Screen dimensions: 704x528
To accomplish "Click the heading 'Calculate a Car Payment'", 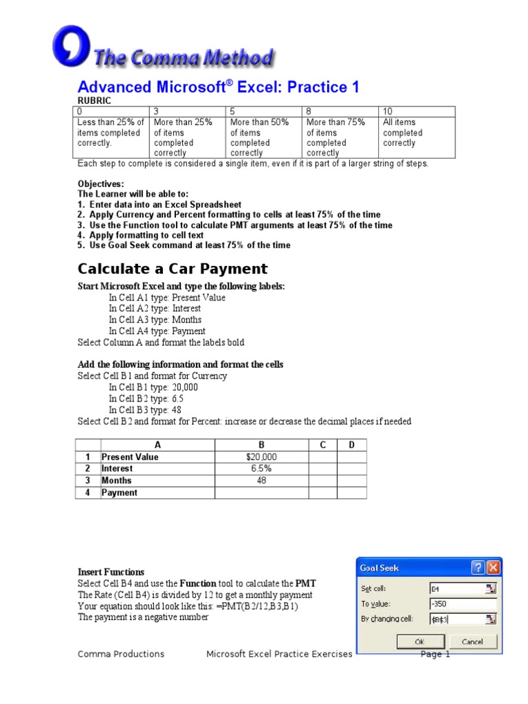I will [x=173, y=269].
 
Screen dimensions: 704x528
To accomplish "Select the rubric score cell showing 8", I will [x=340, y=111].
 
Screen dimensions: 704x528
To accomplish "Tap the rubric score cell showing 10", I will [x=416, y=111].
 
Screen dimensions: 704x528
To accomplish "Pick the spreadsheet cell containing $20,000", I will [x=261, y=457].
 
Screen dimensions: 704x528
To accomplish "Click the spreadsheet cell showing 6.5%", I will [x=261, y=469].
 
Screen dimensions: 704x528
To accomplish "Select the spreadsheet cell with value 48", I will [x=261, y=481].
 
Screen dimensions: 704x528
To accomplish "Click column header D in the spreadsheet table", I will [x=351, y=445].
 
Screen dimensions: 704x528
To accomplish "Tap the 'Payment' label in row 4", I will [x=120, y=493].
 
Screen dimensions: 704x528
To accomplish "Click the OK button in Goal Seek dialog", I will [x=419, y=641].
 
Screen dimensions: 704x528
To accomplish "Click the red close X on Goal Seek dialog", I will [x=493, y=568].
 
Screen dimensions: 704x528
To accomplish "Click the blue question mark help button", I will [x=478, y=568].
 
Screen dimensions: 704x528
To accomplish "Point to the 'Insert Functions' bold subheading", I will [x=111, y=572].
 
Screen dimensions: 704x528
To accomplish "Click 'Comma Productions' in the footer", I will [x=121, y=654].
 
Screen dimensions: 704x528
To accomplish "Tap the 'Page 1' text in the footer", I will [x=435, y=654].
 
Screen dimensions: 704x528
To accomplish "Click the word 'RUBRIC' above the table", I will [x=94, y=100].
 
